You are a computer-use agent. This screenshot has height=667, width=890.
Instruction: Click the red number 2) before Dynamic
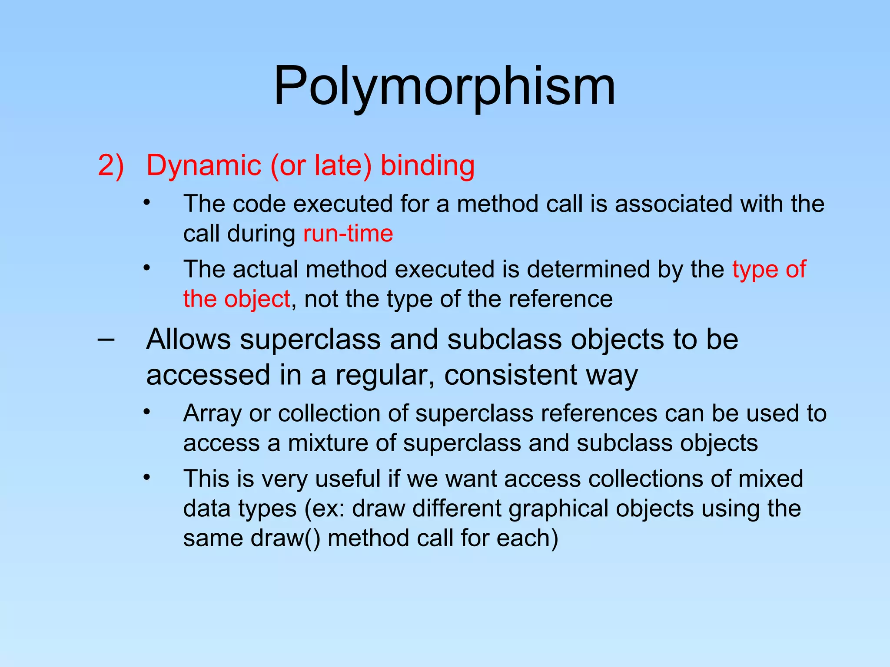coord(111,165)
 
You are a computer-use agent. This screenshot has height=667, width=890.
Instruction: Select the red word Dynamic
coord(204,165)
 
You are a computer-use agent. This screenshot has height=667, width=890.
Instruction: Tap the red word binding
coord(428,165)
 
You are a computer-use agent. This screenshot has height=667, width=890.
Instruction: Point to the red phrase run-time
coord(348,234)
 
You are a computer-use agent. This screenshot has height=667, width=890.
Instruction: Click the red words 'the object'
coord(236,299)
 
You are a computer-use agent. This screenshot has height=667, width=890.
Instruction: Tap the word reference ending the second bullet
coord(560,299)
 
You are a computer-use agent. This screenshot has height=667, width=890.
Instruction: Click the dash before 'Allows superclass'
coord(106,339)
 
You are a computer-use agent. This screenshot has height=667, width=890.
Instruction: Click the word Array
coord(212,413)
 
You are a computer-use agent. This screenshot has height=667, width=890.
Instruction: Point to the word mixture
coord(342,443)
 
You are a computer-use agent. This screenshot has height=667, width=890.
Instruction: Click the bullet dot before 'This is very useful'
coord(147,477)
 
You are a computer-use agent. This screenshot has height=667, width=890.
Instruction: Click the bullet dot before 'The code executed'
coord(147,202)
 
